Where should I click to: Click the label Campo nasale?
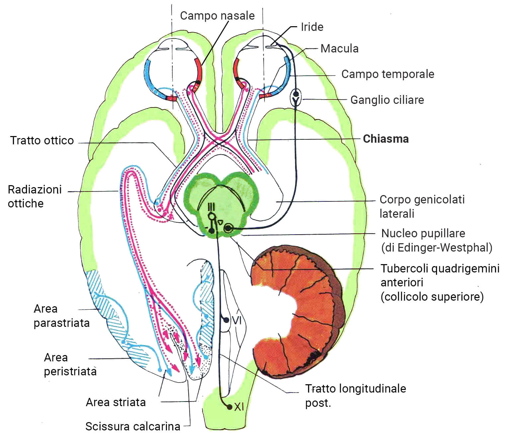pos(217,16)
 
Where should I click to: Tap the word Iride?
pos(312,27)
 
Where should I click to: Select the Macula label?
pos(339,48)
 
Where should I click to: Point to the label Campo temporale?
pos(387,74)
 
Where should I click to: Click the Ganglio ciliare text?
pos(387,100)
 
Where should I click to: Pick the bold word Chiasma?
pos(385,139)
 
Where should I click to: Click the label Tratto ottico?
pos(42,140)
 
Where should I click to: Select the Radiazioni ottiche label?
pos(35,196)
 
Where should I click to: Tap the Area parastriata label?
pos(61,316)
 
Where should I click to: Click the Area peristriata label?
pos(70,364)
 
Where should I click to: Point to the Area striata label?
pos(116,402)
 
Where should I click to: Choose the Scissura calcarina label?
pos(132,426)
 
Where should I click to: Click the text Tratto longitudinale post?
pos(355,395)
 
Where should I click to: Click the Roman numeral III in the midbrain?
pos(211,207)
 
